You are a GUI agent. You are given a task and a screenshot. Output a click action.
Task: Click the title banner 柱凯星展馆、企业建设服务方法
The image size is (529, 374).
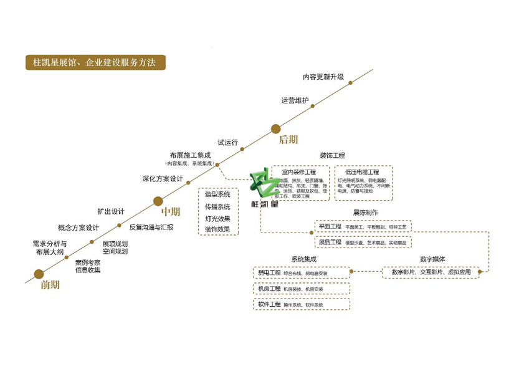pos(95,63)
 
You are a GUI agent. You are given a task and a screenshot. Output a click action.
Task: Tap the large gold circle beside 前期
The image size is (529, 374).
pos(39,274)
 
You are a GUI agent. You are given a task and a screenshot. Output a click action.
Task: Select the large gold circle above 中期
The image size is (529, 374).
pos(158,201)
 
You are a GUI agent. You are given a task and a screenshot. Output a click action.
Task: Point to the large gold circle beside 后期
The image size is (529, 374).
pos(276,129)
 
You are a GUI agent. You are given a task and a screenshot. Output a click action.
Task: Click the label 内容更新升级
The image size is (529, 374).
pos(323,77)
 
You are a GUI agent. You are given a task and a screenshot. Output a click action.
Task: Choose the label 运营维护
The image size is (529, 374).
pos(294,100)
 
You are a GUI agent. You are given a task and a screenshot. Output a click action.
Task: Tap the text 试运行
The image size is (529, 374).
pos(227,143)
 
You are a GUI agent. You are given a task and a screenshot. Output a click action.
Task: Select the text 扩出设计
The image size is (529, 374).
pos(111,211)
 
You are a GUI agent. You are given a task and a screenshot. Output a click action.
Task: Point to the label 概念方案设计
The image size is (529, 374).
pos(79,228)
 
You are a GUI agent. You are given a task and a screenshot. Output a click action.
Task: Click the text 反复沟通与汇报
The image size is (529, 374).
pos(151,228)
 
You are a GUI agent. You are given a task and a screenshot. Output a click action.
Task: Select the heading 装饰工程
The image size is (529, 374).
pos(332,155)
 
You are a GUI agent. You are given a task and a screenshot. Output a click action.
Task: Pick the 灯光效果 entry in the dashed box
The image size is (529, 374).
pos(217,218)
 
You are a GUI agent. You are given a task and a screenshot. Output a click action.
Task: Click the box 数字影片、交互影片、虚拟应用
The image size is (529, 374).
pos(431,272)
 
